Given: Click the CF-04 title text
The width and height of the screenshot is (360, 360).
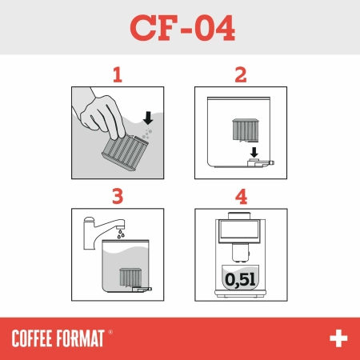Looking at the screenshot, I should [180, 28].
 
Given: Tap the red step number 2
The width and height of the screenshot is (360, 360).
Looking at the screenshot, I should [240, 76].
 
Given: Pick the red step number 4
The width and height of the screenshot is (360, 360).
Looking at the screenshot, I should [240, 194].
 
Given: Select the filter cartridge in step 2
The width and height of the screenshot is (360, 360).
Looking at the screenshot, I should [242, 131].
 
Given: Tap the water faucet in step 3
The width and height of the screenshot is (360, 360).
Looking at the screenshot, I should [104, 224].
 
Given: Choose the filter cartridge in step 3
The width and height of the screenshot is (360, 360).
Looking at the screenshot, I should [129, 278].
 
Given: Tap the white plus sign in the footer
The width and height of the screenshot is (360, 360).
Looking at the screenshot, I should [338, 338].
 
